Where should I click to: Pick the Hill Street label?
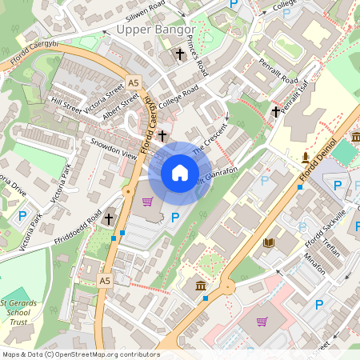click(66, 103)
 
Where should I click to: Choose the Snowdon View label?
click(114, 150)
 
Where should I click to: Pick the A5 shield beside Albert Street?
click(133, 82)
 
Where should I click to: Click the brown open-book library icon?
click(269, 242)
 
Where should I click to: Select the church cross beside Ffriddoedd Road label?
click(108, 218)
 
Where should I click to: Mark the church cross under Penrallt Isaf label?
click(275, 111)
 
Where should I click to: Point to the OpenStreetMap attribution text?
click(80, 354)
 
